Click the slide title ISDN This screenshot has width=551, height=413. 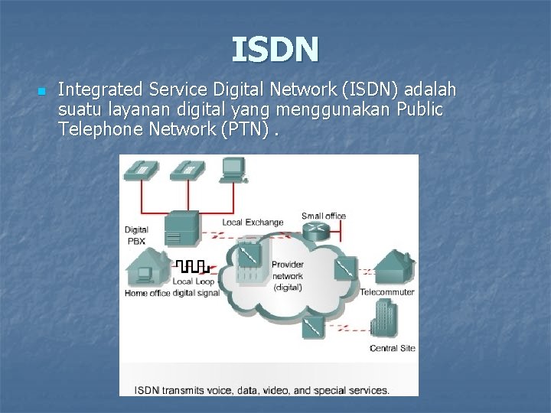click(275, 50)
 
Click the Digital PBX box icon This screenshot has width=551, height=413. click(182, 226)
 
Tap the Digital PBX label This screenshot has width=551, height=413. click(136, 235)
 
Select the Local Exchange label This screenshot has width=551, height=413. click(253, 223)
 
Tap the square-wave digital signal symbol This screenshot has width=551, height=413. click(193, 267)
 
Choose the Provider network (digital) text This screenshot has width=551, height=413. click(287, 275)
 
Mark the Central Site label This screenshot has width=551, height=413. click(392, 348)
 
